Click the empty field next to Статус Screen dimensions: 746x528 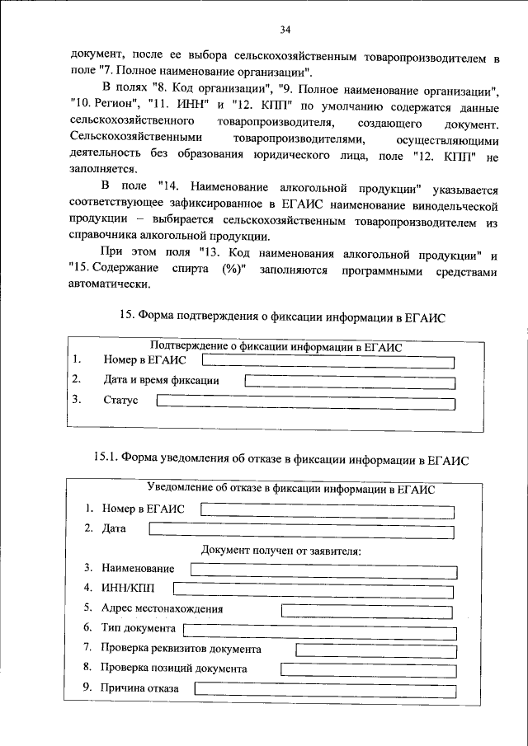[x=304, y=401]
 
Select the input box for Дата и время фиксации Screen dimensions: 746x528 [x=350, y=381]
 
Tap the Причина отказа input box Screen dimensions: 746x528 [x=323, y=688]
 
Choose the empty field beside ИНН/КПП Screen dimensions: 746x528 [x=314, y=588]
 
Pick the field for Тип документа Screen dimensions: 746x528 [x=318, y=631]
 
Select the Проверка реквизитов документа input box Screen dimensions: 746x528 [x=375, y=650]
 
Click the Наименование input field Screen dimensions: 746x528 [x=322, y=569]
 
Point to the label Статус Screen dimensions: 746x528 [x=120, y=401]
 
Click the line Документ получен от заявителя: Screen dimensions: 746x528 [x=280, y=550]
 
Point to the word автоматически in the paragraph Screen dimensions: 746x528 [x=111, y=284]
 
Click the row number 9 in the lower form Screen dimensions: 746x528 [x=87, y=687]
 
